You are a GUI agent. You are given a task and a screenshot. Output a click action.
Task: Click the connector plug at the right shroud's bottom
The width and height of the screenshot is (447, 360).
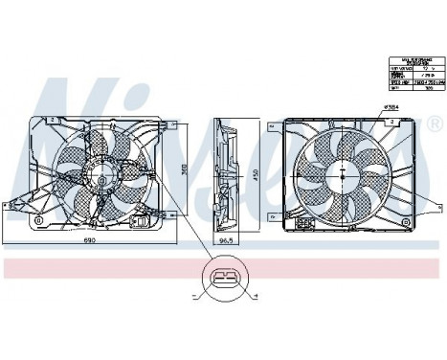pos(307,222)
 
